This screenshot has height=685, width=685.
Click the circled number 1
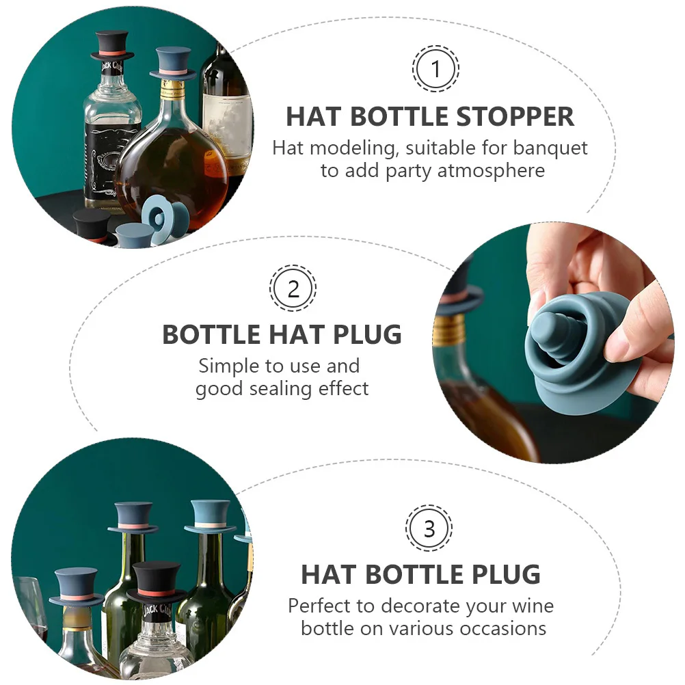435,68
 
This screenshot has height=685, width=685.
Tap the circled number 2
293,288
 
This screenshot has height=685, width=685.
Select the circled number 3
429,528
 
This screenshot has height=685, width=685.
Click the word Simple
228,366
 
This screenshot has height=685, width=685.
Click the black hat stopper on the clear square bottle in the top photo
112,44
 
